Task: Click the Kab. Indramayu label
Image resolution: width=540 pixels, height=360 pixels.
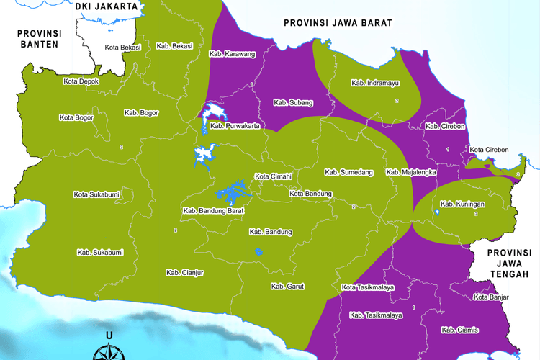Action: click(375, 83)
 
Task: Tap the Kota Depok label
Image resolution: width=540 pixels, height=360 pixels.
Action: click(81, 81)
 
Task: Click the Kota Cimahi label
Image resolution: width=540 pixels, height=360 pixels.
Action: click(273, 176)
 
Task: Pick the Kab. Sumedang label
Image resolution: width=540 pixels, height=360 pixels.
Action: click(348, 172)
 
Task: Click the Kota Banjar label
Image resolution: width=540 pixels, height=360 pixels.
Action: click(492, 297)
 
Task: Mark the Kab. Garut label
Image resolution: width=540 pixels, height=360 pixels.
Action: click(288, 287)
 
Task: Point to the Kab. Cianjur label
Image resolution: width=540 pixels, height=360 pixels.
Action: click(186, 272)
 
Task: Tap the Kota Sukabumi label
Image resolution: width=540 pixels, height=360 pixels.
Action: click(96, 194)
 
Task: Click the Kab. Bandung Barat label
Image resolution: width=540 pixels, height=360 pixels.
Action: click(214, 211)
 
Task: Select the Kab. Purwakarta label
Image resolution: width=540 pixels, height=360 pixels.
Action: click(235, 126)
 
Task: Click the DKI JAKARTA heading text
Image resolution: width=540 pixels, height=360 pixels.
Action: click(107, 6)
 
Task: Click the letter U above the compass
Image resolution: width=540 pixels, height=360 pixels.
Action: click(109, 336)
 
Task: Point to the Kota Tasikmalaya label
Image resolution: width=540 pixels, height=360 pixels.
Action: click(367, 288)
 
